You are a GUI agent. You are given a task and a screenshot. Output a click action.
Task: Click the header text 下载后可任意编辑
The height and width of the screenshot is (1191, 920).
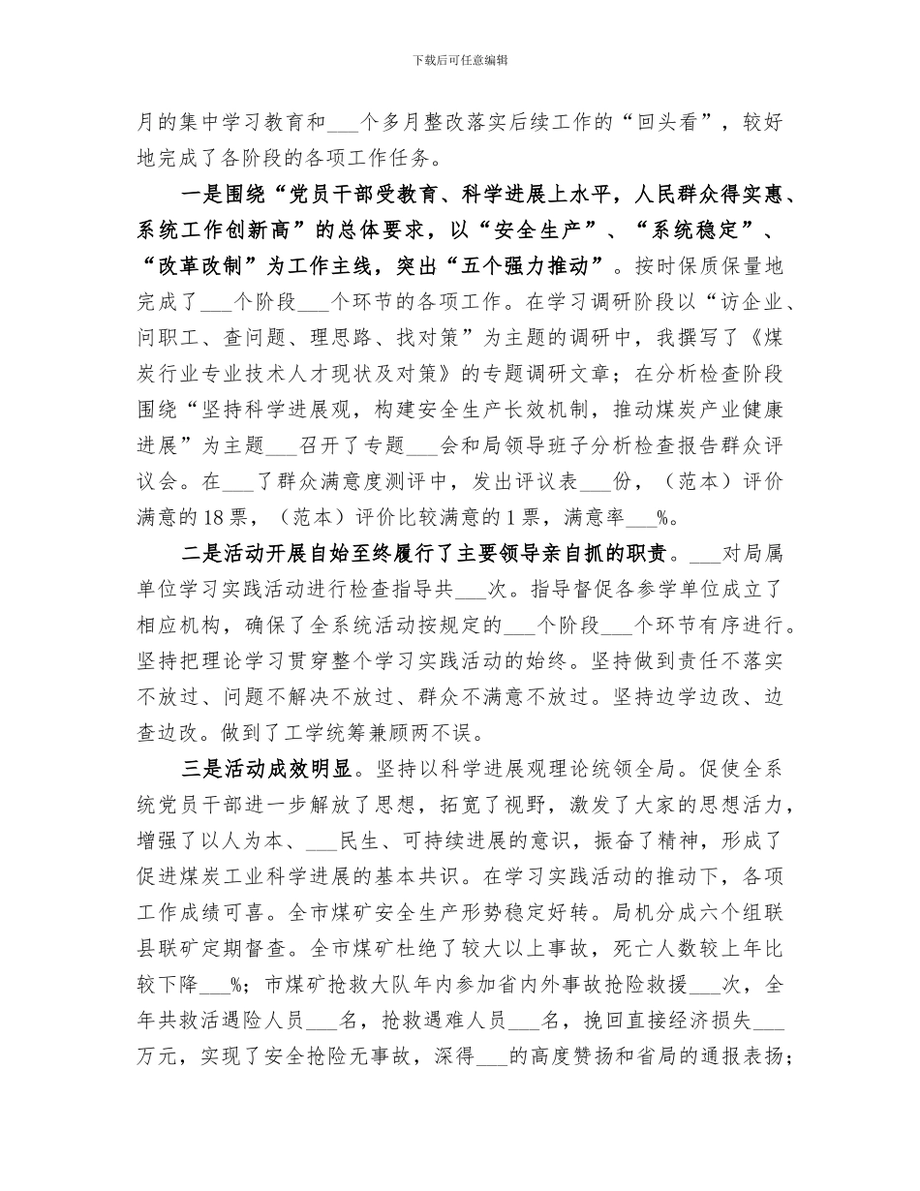pos(460,59)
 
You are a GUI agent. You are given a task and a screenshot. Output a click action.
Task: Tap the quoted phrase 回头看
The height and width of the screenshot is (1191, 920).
pos(680,123)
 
